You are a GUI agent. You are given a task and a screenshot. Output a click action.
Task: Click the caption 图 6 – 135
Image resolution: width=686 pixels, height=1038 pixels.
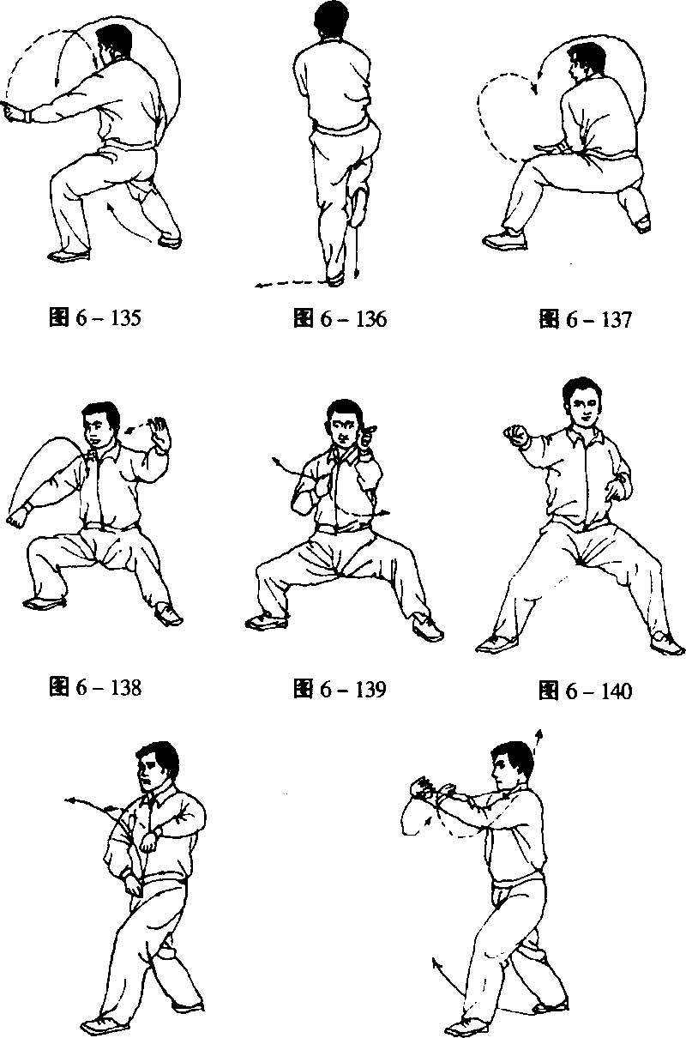pos(94,318)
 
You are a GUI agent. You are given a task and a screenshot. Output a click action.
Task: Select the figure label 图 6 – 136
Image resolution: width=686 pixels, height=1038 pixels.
pos(340,319)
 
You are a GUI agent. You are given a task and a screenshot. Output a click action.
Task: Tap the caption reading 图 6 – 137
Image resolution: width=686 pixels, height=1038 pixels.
pos(585,320)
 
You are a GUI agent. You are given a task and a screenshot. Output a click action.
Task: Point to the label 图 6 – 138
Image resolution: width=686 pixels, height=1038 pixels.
pos(94,688)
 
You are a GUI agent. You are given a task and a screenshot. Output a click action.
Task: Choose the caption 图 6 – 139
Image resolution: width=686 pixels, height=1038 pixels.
pos(340,689)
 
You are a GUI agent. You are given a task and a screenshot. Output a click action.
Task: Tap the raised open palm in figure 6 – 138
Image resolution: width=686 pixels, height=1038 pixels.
pos(159,433)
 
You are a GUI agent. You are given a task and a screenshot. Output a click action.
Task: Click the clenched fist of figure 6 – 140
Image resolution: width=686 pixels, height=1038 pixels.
pos(516,436)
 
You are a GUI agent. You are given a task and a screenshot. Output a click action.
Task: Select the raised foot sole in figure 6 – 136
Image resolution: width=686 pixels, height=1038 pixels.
pos(359,208)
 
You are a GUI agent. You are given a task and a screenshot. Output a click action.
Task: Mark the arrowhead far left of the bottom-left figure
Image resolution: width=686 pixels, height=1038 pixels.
pos(69,800)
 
